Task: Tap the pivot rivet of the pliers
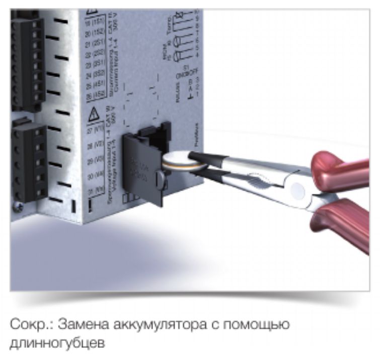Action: pyautogui.click(x=297, y=190)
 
